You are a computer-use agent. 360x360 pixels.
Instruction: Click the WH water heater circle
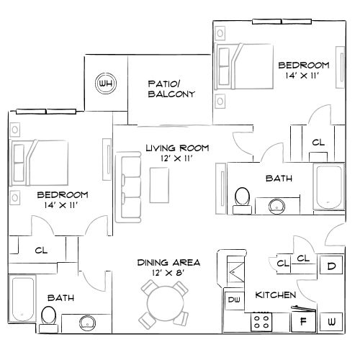[106, 84]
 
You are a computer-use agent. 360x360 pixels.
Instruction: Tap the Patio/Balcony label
[171, 89]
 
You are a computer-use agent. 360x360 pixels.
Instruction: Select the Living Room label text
[177, 153]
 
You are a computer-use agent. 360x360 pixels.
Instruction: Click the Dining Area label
[168, 267]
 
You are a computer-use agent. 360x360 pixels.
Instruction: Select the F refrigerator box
[303, 321]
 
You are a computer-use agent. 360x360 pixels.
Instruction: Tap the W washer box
[332, 321]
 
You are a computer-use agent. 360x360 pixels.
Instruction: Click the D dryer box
[331, 266]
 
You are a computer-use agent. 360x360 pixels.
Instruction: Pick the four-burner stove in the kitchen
[261, 322]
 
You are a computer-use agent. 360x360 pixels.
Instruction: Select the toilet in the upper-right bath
[243, 197]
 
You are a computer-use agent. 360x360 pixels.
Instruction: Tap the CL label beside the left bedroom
[42, 250]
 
